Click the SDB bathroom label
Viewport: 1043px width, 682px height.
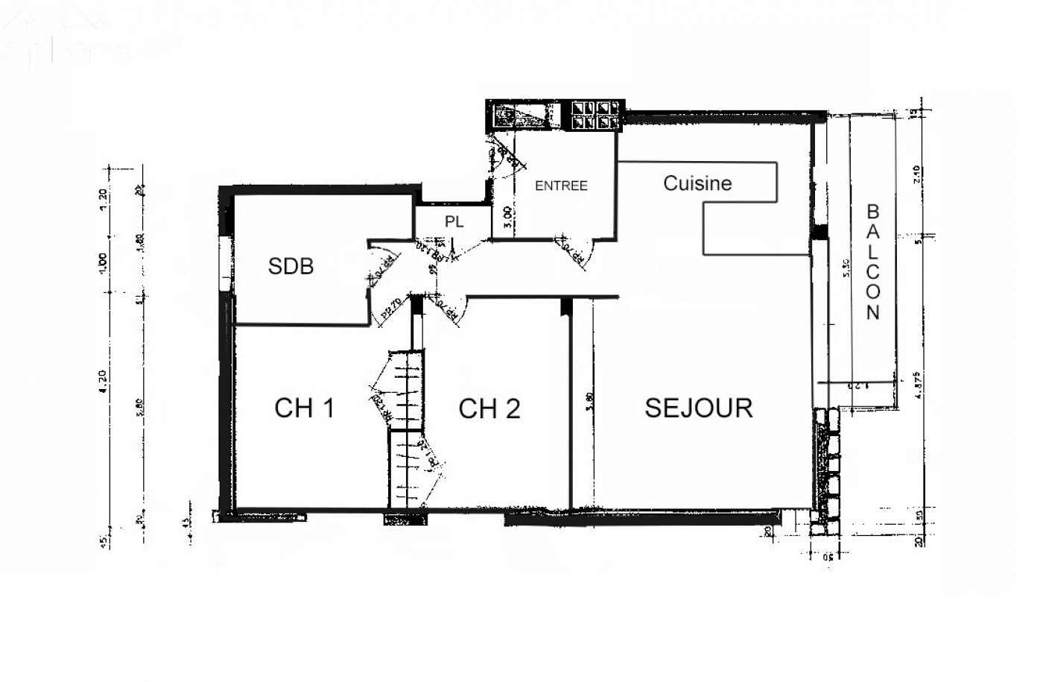pyautogui.click(x=291, y=266)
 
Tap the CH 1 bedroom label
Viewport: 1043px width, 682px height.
pyautogui.click(x=304, y=408)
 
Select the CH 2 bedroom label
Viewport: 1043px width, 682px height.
pyautogui.click(x=489, y=408)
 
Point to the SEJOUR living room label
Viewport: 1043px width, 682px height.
pyautogui.click(x=698, y=407)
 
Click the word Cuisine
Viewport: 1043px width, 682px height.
pyautogui.click(x=697, y=183)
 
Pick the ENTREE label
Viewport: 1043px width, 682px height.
pyautogui.click(x=561, y=186)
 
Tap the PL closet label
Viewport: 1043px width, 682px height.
pyautogui.click(x=454, y=222)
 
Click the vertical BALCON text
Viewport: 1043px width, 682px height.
pyautogui.click(x=873, y=262)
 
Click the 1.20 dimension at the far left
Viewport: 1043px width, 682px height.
pyautogui.click(x=104, y=198)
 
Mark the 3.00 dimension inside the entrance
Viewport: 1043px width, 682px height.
pyautogui.click(x=507, y=216)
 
